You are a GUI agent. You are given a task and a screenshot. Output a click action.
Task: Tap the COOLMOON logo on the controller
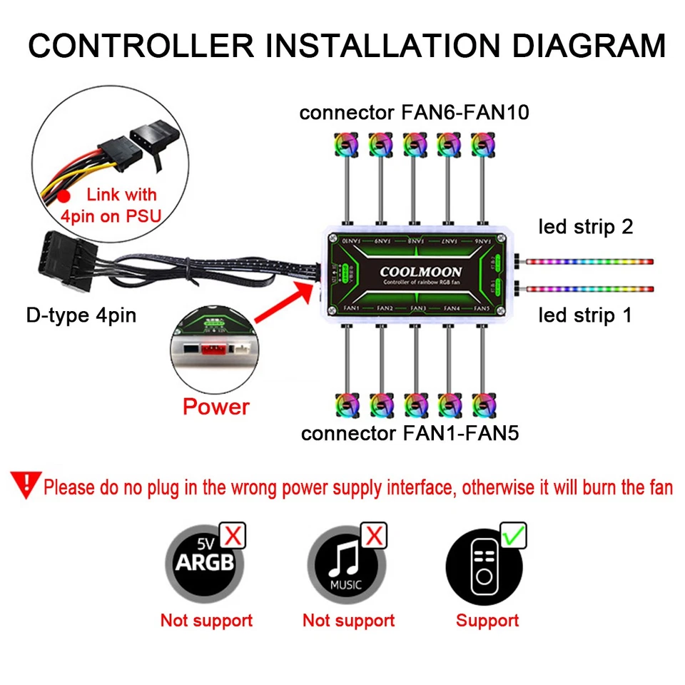420,272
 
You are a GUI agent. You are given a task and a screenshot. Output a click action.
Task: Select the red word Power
215,407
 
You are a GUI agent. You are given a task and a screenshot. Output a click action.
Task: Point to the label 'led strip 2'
585,227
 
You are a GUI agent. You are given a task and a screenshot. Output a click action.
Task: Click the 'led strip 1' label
584,315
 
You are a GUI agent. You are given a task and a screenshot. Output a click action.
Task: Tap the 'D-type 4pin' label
81,314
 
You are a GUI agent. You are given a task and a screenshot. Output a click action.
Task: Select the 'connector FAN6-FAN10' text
414,113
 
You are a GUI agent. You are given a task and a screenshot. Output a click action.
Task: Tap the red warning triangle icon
26,485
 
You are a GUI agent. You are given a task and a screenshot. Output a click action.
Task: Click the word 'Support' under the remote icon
487,620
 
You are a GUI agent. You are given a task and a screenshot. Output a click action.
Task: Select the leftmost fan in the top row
343,143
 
